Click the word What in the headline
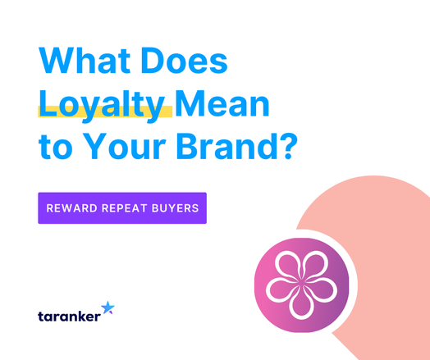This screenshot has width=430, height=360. point(85,61)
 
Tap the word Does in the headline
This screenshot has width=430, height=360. point(184,61)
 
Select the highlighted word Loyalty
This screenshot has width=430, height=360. point(102,106)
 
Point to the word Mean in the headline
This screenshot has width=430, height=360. point(222,103)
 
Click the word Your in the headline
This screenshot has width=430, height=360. point(124,146)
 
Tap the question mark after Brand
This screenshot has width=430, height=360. point(290,146)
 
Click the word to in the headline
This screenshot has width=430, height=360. point(56,147)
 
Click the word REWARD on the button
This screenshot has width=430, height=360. point(72,208)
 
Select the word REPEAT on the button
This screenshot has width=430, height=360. point(125,208)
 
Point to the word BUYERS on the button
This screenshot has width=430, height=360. point(176,208)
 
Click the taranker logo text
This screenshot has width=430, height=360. point(69,317)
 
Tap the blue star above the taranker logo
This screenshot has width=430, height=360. point(107,308)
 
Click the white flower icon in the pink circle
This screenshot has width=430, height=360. point(301,285)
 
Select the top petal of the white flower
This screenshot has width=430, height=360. point(301,267)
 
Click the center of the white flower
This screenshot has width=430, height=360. point(301,285)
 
